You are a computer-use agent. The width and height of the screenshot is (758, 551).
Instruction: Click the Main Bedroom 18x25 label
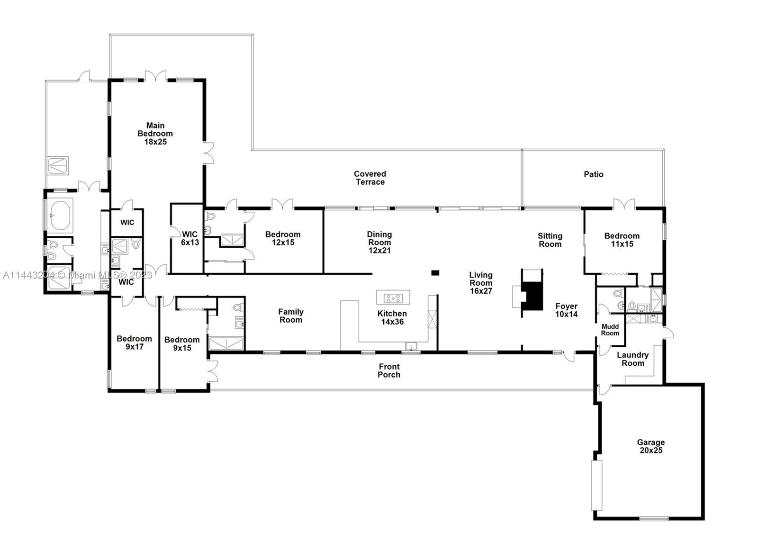click(155, 134)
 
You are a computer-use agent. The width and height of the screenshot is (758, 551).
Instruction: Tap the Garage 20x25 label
click(650, 446)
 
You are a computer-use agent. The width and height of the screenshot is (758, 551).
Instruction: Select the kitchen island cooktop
click(393, 298)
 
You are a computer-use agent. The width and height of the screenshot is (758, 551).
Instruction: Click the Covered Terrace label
click(370, 178)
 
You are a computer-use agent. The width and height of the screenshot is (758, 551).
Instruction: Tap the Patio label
click(593, 174)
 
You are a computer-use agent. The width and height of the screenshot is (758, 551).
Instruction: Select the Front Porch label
click(389, 370)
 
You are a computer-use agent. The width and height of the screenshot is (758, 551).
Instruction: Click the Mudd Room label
click(610, 330)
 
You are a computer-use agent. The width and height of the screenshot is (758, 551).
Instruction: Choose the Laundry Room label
click(632, 359)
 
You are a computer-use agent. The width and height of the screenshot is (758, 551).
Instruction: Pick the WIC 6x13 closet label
click(189, 238)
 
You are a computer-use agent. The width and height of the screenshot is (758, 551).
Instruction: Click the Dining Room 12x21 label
click(379, 242)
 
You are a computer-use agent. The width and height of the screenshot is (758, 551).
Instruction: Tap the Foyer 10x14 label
click(566, 310)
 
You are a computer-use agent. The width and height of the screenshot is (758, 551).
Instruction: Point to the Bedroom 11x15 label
click(622, 240)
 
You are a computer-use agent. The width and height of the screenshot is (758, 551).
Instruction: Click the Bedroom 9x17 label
click(134, 343)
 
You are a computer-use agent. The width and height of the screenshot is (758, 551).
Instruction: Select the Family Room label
click(290, 316)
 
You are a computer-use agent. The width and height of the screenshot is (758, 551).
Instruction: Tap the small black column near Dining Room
click(435, 273)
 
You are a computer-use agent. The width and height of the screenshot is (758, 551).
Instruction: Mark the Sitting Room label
click(550, 240)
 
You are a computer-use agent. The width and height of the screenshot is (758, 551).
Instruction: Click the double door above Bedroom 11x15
click(624, 204)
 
